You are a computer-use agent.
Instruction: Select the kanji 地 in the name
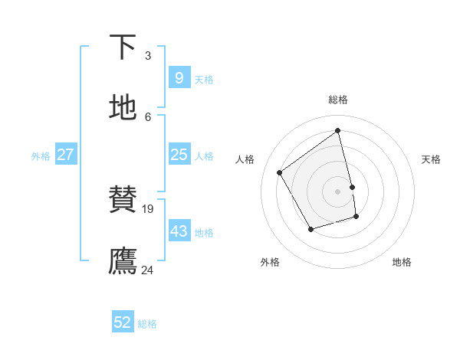(x=123, y=107)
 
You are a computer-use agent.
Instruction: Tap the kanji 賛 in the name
(x=123, y=199)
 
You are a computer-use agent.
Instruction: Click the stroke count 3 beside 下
(x=148, y=55)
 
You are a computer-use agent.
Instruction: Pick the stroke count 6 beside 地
(x=148, y=116)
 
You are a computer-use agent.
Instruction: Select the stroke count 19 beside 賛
(x=149, y=208)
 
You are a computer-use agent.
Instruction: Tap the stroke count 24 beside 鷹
(x=148, y=270)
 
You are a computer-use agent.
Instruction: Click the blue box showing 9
(x=179, y=77)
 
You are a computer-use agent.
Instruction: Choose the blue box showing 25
(x=179, y=155)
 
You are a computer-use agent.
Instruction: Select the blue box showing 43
(x=179, y=231)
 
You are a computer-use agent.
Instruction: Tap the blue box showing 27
(x=65, y=155)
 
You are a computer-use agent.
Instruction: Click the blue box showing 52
(x=123, y=322)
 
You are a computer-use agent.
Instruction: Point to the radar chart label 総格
(x=338, y=100)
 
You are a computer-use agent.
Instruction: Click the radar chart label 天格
(x=431, y=159)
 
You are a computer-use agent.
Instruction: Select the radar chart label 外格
(x=270, y=263)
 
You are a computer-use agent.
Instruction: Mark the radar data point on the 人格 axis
(x=280, y=172)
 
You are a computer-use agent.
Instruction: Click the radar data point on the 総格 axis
(x=338, y=130)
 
